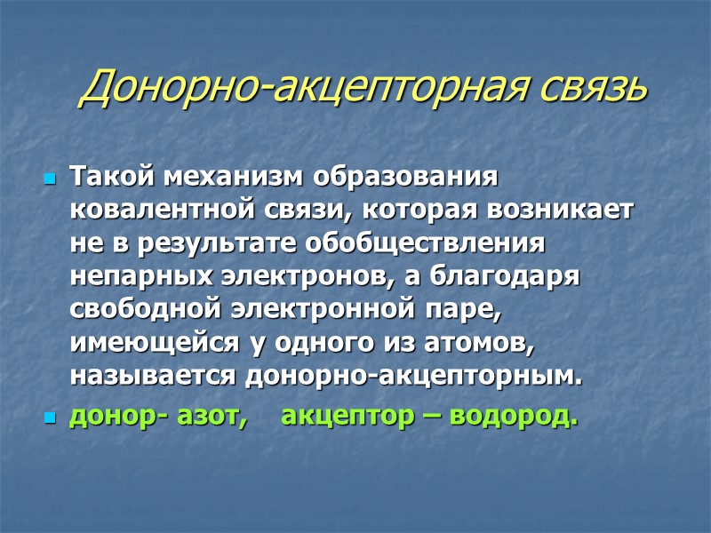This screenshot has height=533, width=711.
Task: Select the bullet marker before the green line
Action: point(50,418)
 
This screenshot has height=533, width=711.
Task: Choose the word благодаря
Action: point(507,276)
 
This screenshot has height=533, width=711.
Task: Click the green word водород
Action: point(516,416)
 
